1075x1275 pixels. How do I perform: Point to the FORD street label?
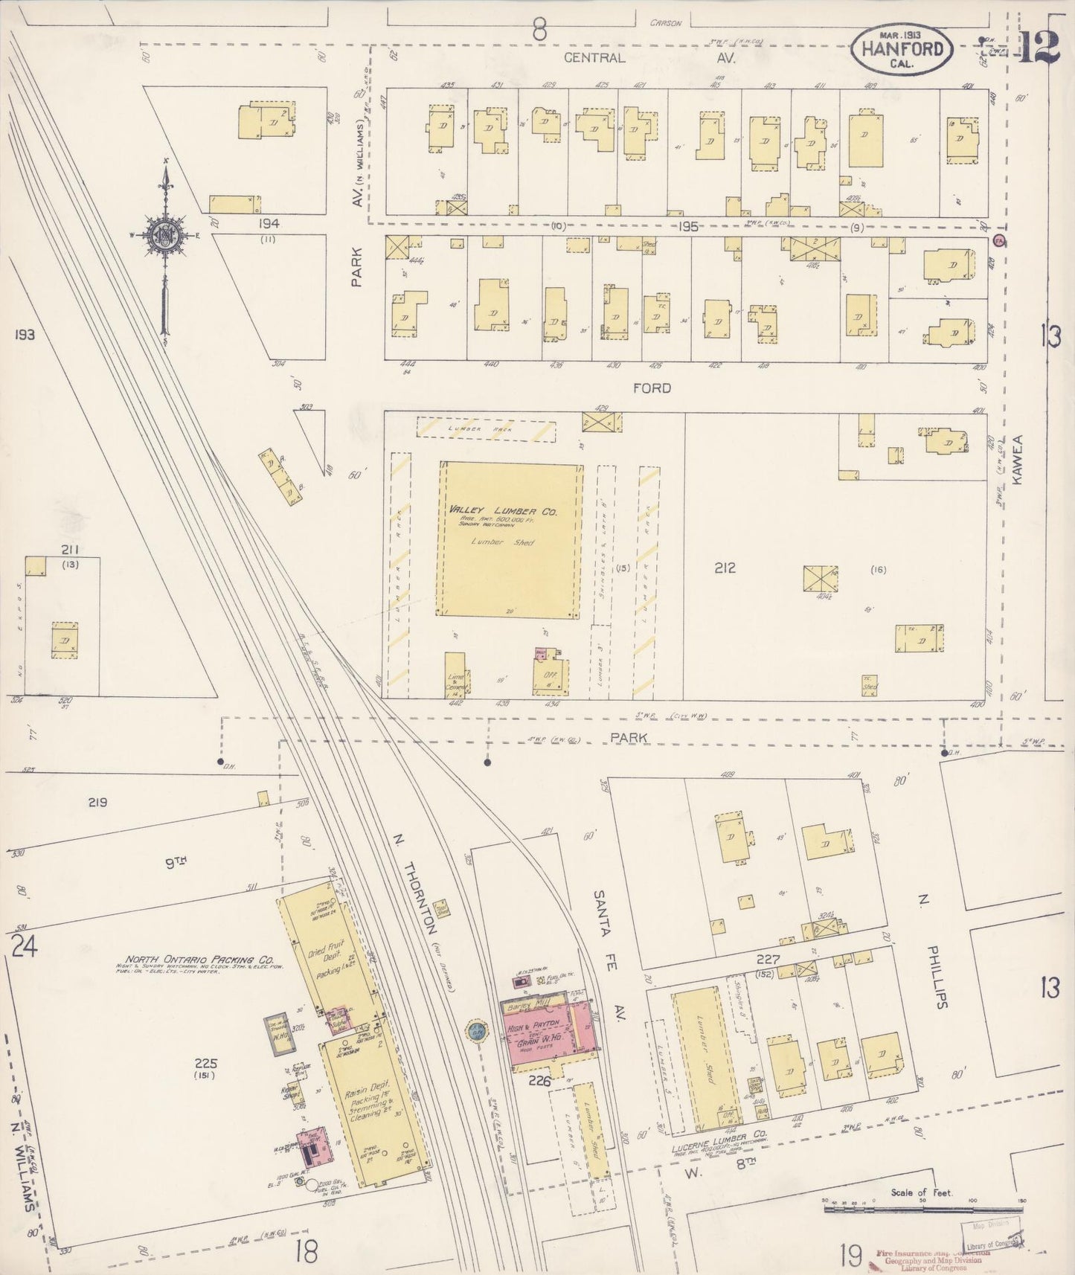pos(652,388)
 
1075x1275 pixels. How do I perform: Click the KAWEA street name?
pos(1018,460)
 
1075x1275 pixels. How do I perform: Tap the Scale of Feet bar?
pos(922,1210)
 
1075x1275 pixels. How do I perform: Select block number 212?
pos(725,568)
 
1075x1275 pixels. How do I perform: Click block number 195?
pos(687,227)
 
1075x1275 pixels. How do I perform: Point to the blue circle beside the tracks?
pos(475,1031)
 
